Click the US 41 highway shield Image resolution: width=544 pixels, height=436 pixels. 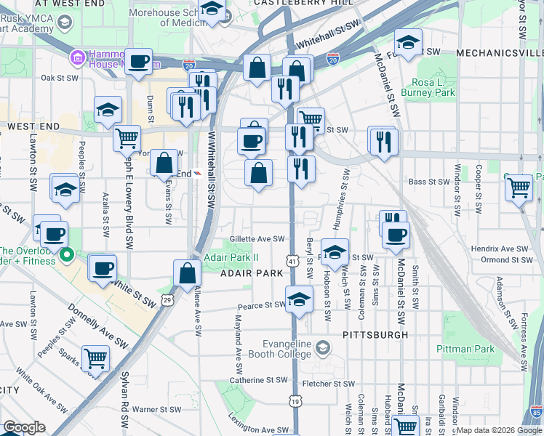click(x=292, y=260)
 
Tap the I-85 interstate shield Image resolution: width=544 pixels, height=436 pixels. click(x=537, y=412)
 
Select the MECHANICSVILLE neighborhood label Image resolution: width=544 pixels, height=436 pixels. click(x=500, y=53)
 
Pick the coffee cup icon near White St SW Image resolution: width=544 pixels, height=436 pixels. click(x=102, y=268)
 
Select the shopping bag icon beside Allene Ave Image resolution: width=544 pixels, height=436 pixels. click(x=187, y=273)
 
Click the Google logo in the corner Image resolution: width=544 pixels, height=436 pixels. click(x=24, y=427)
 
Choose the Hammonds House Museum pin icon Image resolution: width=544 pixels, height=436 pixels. click(x=76, y=57)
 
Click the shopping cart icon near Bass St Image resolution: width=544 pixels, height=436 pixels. click(x=519, y=187)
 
